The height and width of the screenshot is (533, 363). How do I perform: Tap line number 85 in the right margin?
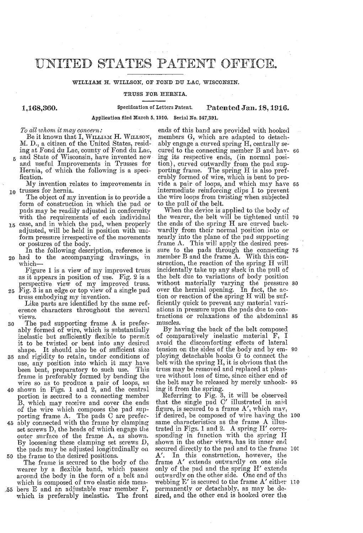(297, 316)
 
